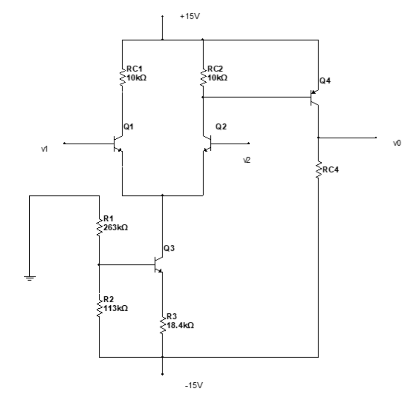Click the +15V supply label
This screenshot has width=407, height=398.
pos(187,19)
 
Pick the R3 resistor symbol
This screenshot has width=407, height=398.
pos(162,326)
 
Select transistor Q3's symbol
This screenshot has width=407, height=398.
pos(158,265)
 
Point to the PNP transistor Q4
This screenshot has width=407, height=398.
pos(314,97)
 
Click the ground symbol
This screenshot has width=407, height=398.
pos(29,277)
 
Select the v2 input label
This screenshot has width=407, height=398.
pos(245,160)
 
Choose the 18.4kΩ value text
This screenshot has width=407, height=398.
pos(181,326)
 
